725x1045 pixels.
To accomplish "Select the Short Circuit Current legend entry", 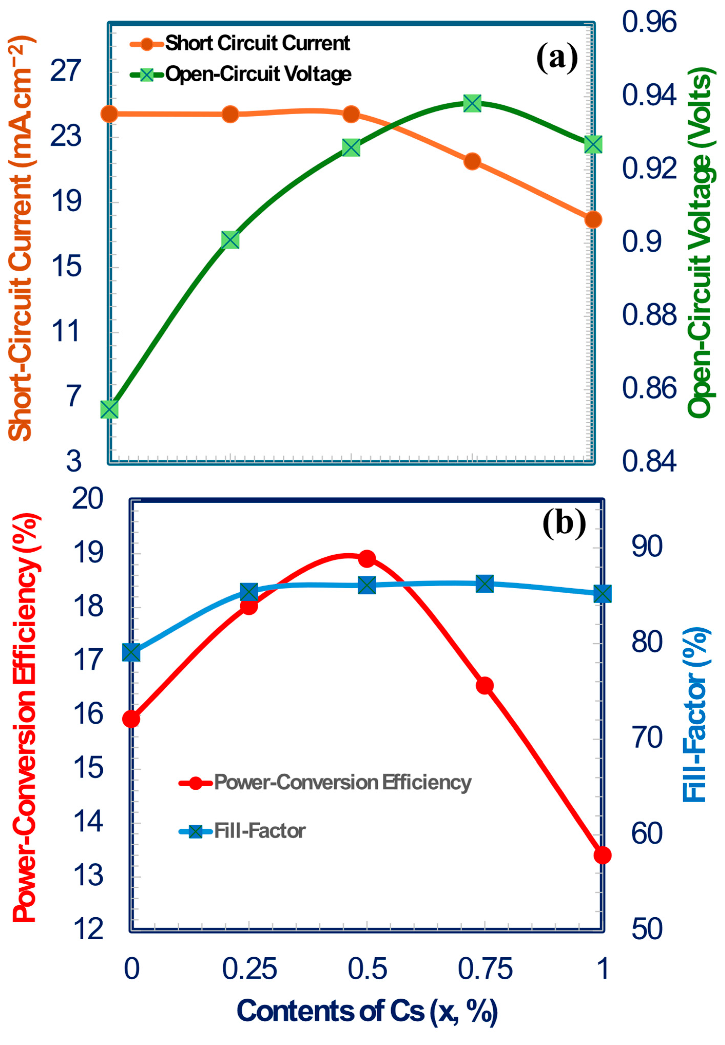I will point(257,43).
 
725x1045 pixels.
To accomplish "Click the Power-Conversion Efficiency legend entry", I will point(342,782).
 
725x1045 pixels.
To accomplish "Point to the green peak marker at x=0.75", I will point(473,104).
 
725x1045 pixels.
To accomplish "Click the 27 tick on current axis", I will point(66,70).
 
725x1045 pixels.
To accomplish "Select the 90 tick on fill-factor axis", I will point(647,547).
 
